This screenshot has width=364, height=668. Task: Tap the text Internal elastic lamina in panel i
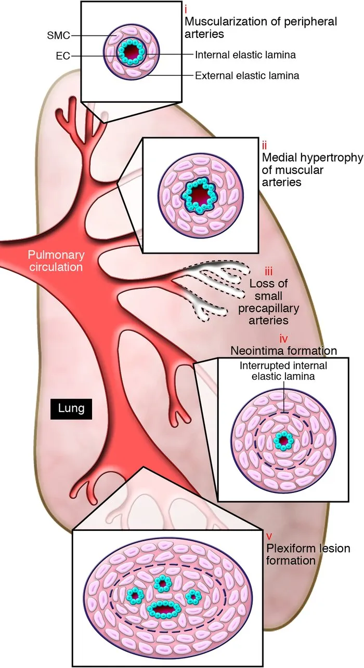pos(239,54)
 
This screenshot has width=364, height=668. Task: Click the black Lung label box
pos(71,408)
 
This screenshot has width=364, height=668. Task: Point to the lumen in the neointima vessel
pos(283,442)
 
